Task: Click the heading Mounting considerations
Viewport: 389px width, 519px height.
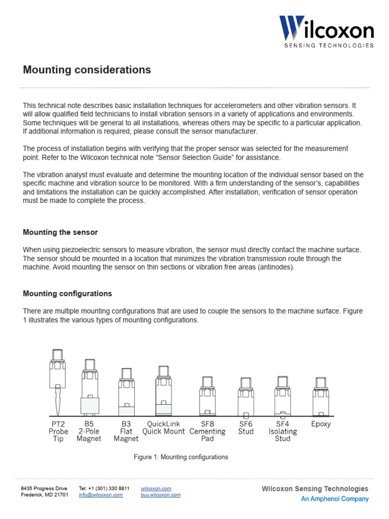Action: tap(87, 70)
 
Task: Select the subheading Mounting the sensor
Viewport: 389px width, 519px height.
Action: tap(60, 232)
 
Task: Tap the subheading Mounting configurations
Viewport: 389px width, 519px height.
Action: tap(67, 293)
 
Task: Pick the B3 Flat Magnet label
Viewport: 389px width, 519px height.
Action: tap(126, 431)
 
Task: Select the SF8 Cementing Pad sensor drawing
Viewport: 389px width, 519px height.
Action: tap(207, 396)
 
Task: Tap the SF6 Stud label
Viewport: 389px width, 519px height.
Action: tap(246, 428)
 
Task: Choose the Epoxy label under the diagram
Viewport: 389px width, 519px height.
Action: tap(321, 424)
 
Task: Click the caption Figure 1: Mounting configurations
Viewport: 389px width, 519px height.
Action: tap(181, 457)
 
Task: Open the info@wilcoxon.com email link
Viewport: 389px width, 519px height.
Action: tap(101, 495)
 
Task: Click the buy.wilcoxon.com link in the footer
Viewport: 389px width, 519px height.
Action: tap(161, 495)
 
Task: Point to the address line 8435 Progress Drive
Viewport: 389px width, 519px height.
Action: tap(44, 489)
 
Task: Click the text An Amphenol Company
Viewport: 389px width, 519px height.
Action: tap(334, 499)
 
